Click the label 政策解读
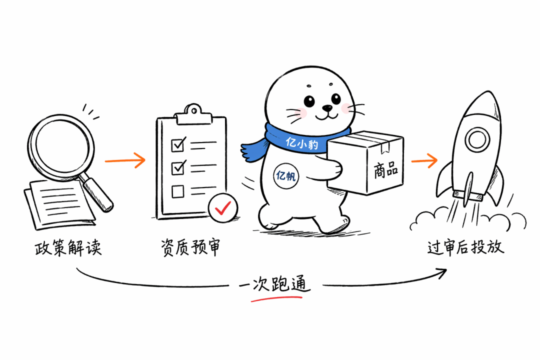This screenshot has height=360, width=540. click(x=68, y=247)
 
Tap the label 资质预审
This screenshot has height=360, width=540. click(x=190, y=246)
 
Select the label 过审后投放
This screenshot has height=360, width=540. click(x=465, y=247)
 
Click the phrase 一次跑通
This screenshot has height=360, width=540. click(x=274, y=284)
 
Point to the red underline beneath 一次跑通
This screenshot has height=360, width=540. click(x=276, y=298)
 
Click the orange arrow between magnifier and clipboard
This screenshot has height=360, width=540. click(x=125, y=160)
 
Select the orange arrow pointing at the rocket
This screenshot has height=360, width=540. click(x=424, y=160)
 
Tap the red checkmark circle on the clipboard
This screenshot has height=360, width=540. click(x=223, y=207)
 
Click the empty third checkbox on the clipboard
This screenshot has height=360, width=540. click(x=177, y=191)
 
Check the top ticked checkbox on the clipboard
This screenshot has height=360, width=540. click(x=178, y=144)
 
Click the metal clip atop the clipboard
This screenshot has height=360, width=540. click(x=193, y=114)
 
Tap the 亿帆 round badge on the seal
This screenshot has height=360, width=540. click(x=286, y=176)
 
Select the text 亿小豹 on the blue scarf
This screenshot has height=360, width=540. click(x=301, y=143)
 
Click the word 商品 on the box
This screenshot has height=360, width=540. click(x=385, y=169)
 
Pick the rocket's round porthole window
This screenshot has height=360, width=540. click(x=477, y=140)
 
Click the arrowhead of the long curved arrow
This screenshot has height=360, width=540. click(x=441, y=273)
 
